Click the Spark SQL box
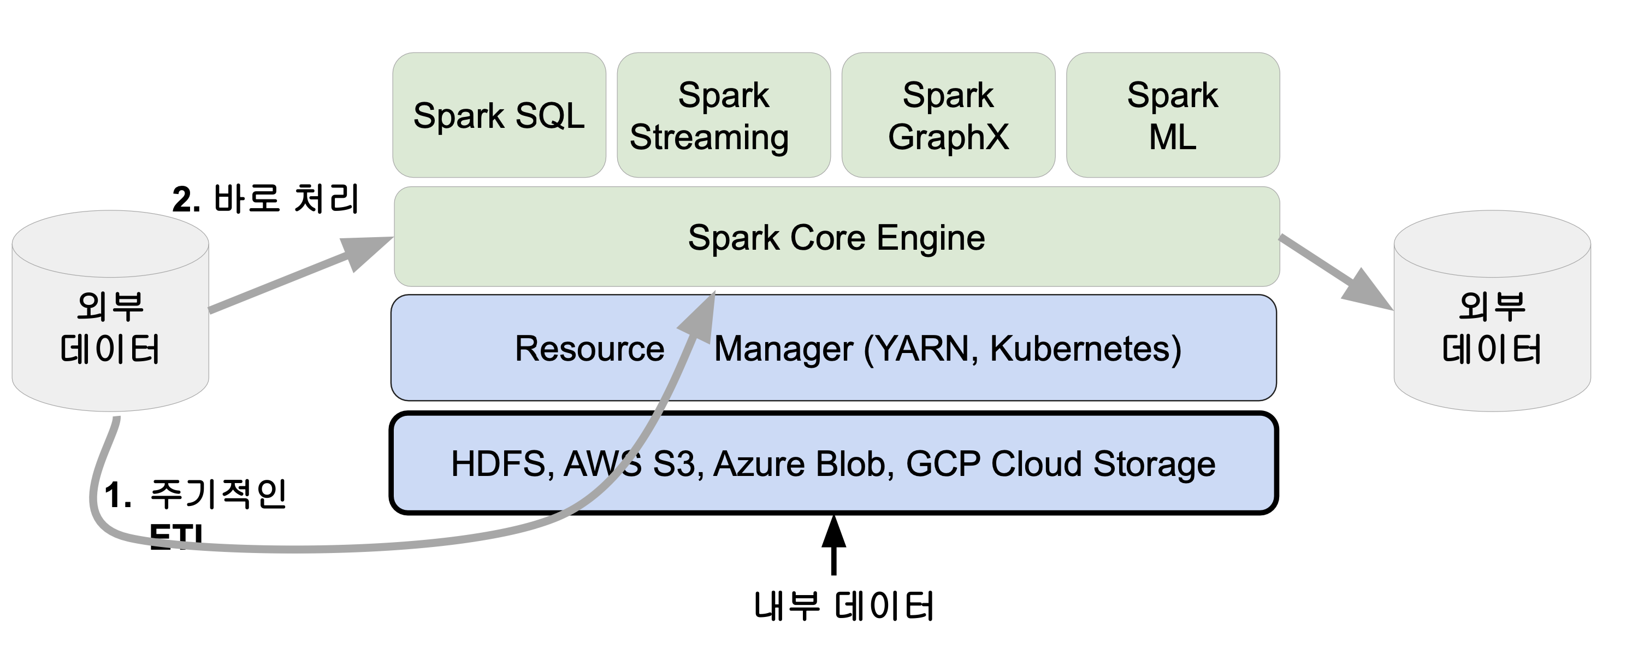499,115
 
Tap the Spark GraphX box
948,115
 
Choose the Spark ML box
1172,115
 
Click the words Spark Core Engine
836,238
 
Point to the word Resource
589,349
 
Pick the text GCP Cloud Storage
1061,464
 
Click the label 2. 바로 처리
266,199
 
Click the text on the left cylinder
110,328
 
